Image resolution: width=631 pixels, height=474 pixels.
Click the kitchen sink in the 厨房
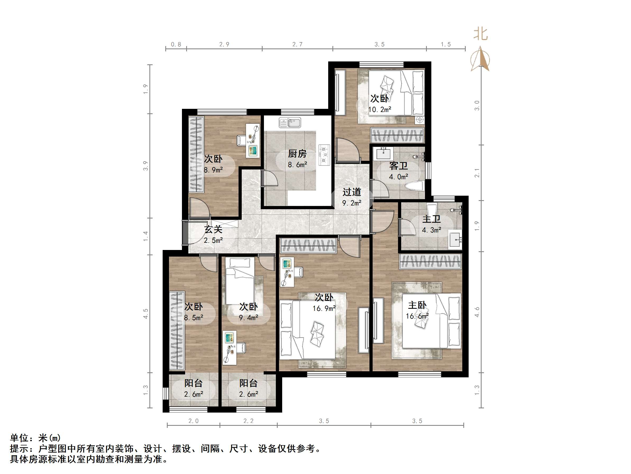click(290, 123)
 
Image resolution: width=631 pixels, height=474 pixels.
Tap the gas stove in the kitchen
click(324, 155)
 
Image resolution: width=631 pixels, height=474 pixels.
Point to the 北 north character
click(481, 34)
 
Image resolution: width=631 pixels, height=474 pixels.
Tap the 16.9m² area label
click(324, 308)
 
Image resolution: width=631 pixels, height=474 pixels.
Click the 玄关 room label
click(213, 229)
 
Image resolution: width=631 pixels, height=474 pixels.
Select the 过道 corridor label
click(352, 192)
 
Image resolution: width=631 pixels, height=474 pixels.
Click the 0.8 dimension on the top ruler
click(176, 44)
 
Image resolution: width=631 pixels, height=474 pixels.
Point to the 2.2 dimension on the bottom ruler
click(248, 421)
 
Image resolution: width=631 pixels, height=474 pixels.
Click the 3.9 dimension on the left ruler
click(146, 166)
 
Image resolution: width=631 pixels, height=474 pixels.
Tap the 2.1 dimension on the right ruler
click(477, 173)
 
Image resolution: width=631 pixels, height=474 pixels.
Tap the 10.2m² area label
click(379, 109)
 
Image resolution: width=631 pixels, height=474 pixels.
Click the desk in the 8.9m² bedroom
click(253, 140)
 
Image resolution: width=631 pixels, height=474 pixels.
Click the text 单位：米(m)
click(35, 438)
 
